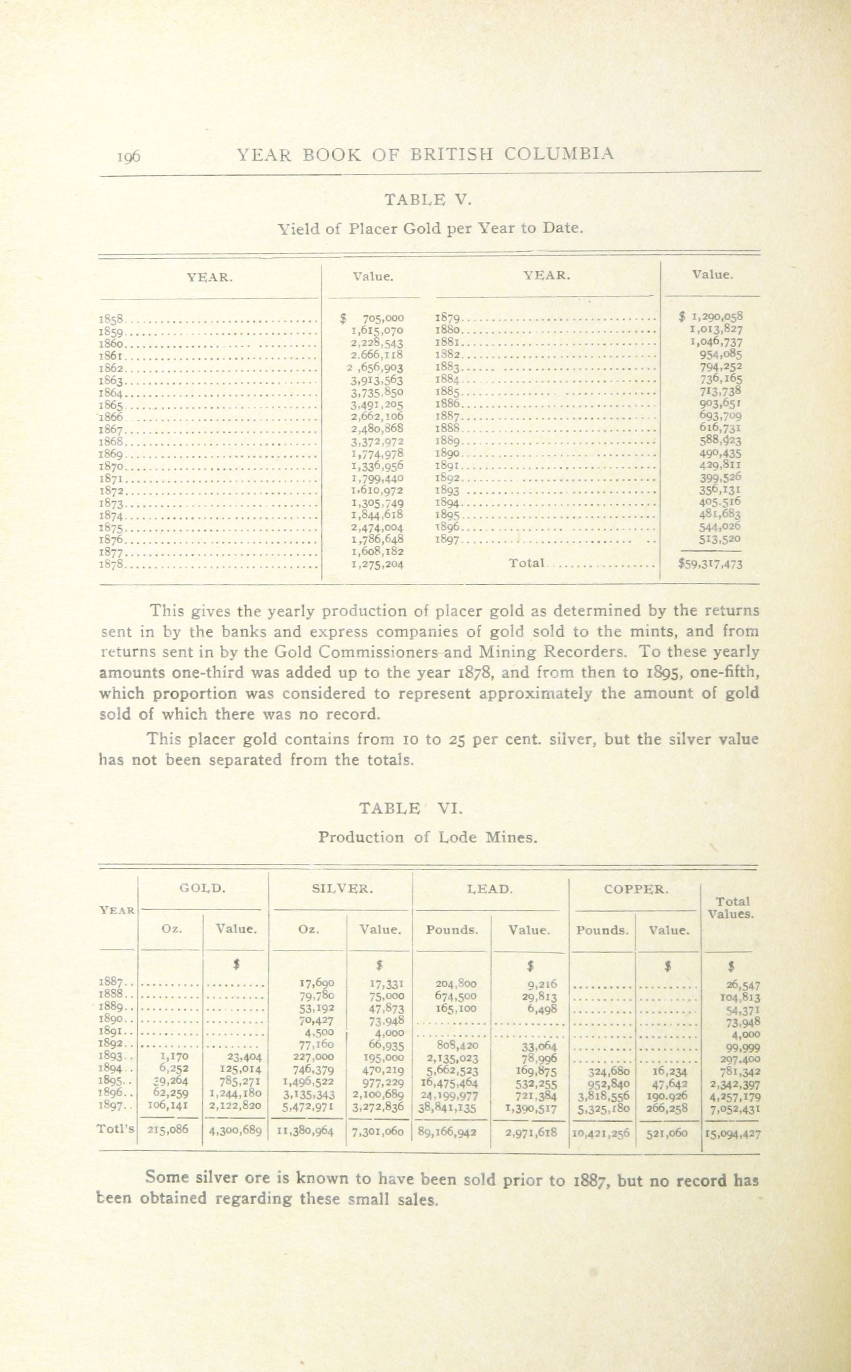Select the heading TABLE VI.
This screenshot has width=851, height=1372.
411,808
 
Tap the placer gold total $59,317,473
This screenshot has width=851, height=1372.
711,564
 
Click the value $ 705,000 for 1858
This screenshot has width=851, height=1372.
373,318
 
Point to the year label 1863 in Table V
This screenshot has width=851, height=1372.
111,381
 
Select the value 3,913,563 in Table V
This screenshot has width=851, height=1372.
377,380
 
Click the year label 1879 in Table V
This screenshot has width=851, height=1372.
448,318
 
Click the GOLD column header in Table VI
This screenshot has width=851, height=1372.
202,889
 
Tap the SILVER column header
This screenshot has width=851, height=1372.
342,889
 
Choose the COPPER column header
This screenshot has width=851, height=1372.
636,889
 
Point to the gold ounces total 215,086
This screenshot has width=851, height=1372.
168,1129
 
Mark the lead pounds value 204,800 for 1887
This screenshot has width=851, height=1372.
456,983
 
